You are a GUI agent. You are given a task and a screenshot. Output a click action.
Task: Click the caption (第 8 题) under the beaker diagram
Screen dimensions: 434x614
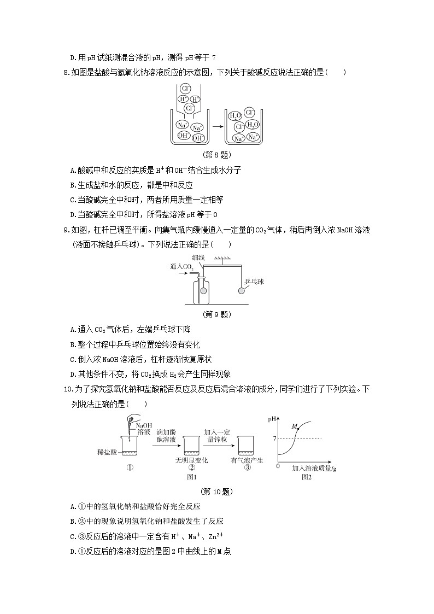[x=216, y=155]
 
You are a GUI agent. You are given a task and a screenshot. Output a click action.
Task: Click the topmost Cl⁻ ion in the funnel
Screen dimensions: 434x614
[x=186, y=87]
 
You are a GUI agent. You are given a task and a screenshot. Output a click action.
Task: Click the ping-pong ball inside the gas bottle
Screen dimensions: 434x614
[x=203, y=291]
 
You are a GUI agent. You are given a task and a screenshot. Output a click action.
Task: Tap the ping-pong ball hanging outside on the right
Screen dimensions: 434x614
[x=241, y=291]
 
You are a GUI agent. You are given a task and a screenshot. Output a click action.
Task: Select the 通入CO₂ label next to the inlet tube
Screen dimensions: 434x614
[x=182, y=267]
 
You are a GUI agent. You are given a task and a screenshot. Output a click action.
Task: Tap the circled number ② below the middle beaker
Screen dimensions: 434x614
[x=192, y=468]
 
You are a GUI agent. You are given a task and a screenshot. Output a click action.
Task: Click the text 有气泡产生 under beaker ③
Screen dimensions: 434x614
[x=247, y=460]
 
